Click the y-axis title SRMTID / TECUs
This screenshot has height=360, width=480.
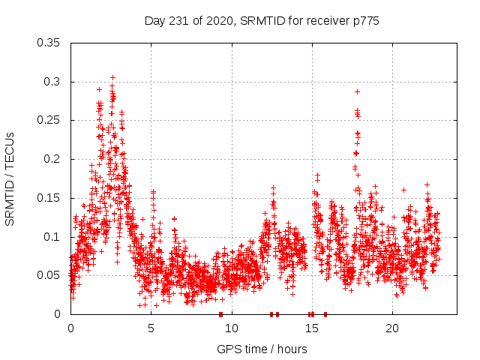click(10, 178)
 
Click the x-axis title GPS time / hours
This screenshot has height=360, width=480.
click(262, 348)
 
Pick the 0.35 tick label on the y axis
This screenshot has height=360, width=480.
click(50, 43)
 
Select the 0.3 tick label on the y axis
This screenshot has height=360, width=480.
click(53, 82)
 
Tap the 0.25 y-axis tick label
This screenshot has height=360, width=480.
click(50, 120)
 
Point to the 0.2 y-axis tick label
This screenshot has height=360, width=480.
click(53, 159)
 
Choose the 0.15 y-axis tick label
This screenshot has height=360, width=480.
click(50, 198)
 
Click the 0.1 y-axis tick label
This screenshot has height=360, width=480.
click(53, 237)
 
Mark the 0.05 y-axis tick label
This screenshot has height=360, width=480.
click(50, 275)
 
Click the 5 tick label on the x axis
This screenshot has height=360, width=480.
click(151, 328)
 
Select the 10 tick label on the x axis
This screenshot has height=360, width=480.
click(232, 328)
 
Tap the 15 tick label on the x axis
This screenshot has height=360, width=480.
click(312, 328)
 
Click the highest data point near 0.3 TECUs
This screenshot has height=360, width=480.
click(112, 77)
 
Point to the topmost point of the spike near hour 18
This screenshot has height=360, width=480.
click(357, 91)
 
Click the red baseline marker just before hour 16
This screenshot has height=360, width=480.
click(325, 314)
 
